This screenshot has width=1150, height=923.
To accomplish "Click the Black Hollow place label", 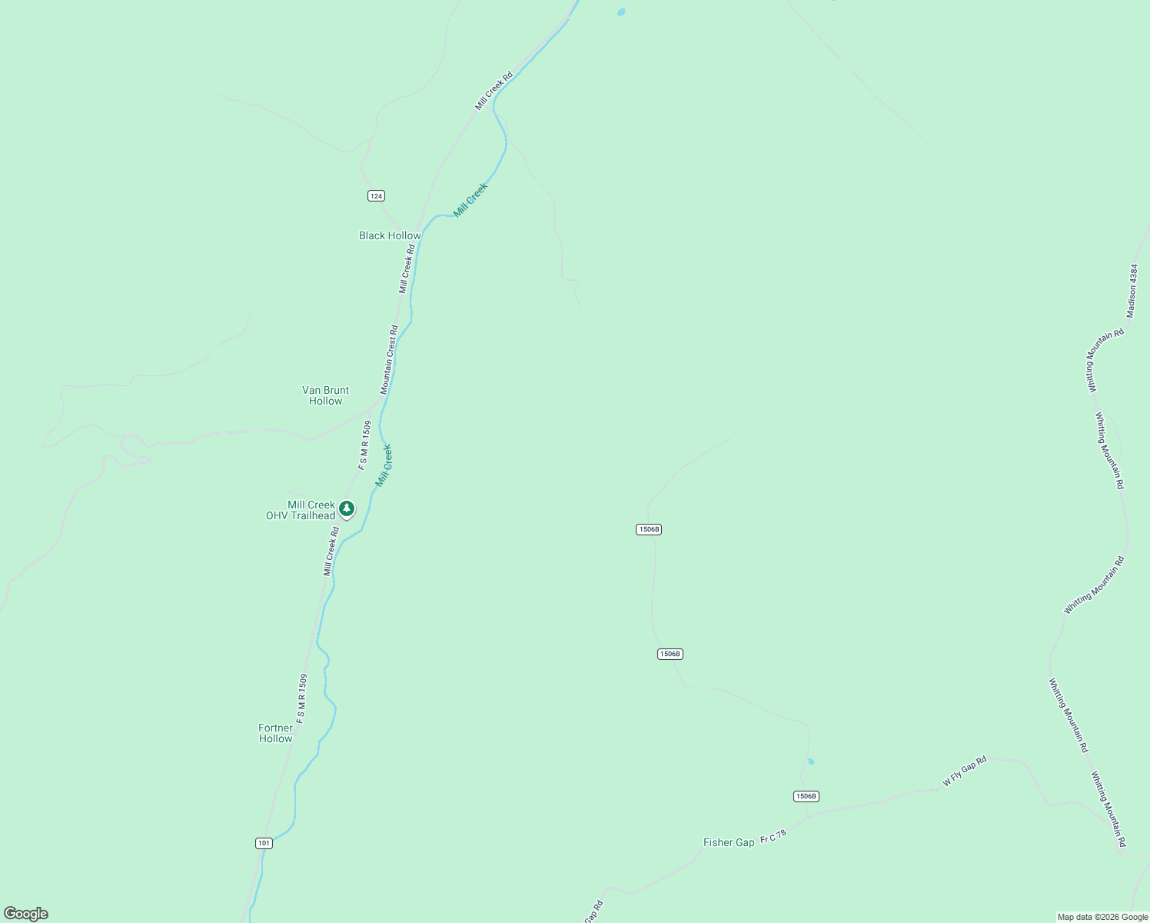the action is coord(390,236).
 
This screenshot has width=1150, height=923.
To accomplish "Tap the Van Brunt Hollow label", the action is coord(325,395).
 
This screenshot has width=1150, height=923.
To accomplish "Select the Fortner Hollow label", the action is coord(275,733).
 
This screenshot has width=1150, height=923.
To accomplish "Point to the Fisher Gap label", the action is coord(729,843).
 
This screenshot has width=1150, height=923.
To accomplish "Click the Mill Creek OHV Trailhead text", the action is coord(301,511).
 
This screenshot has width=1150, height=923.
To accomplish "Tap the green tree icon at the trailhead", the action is coord(347,508).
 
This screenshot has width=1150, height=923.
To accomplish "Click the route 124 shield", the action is coord(376,196).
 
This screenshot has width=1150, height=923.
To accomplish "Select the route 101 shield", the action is coord(264,843).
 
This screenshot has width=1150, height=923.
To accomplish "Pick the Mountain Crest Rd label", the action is coord(389,360).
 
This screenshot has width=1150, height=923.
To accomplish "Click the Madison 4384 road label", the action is coord(1132,291).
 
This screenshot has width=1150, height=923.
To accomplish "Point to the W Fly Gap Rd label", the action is coord(965,771).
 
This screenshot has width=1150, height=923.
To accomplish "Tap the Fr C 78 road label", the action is coord(773,837).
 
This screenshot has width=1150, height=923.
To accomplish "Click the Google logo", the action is coord(26,914).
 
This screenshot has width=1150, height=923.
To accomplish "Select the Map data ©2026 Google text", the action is coord(1102,917).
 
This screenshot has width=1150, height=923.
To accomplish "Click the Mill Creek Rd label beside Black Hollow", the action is coord(407,268).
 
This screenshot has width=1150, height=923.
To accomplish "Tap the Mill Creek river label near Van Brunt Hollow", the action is coord(384,465).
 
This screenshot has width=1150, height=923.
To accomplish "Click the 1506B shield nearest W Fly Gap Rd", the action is coord(806,796).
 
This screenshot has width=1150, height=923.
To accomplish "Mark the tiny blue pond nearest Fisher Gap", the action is coord(811,762).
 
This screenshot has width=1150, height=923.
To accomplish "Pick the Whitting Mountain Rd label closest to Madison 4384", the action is coord(1106,361).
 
